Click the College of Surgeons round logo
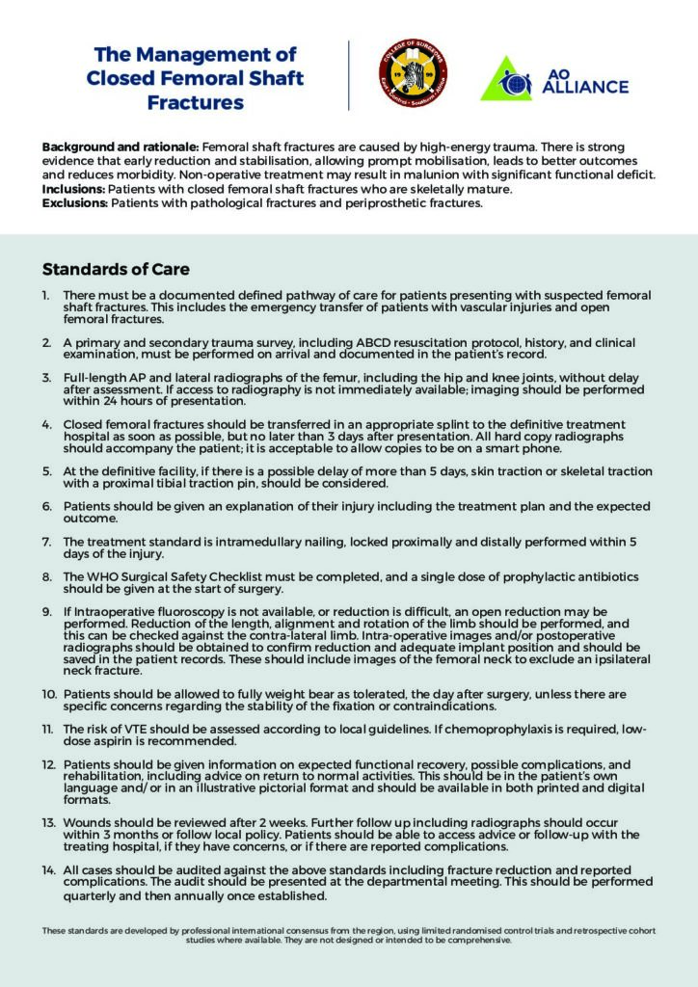412,75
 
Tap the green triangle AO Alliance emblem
505,79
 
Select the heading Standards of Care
116,269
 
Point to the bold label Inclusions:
74,189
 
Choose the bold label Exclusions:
75,203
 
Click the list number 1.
46,295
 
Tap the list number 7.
46,541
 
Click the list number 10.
48,694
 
